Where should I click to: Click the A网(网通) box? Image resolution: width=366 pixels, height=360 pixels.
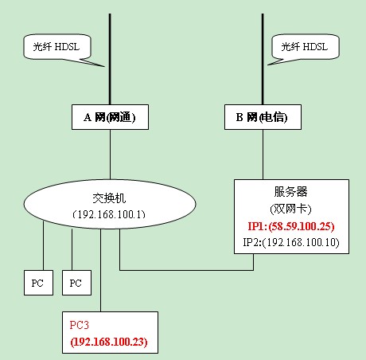(x=111, y=118)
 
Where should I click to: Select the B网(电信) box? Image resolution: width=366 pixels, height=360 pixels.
(x=262, y=118)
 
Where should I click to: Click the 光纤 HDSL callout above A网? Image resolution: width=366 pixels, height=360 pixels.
(x=55, y=48)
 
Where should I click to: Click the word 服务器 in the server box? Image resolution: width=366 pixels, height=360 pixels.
(x=290, y=193)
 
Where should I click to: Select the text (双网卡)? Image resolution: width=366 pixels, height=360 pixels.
(x=290, y=208)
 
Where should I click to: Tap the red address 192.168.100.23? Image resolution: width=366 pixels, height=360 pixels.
(x=111, y=341)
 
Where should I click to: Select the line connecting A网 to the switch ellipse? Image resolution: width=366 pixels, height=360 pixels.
(x=111, y=155)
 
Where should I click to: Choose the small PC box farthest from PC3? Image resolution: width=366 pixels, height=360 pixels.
(x=37, y=283)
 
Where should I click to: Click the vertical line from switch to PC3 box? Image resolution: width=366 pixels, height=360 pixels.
(x=101, y=271)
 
